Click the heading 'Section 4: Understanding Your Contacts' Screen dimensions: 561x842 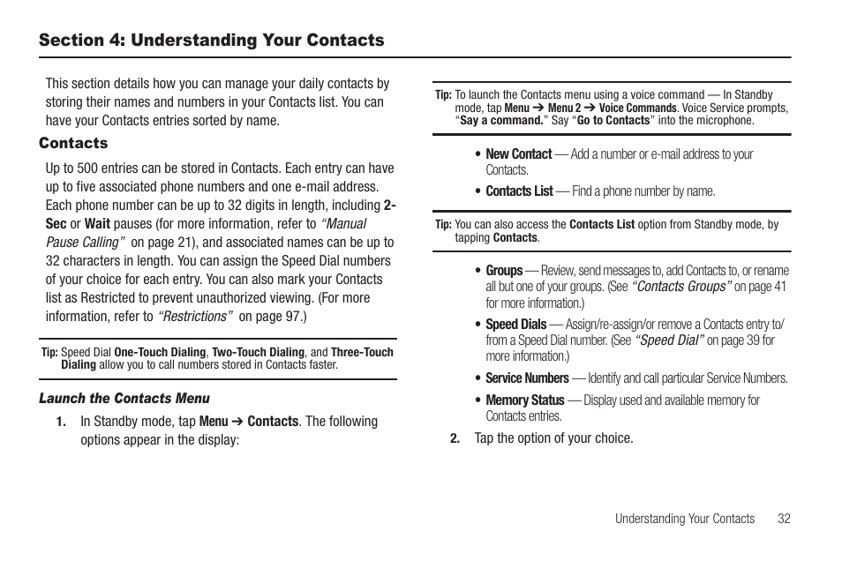[211, 41]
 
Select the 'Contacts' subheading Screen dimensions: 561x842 [73, 143]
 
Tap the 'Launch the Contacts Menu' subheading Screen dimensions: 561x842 [124, 399]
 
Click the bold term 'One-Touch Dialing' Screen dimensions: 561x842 [161, 352]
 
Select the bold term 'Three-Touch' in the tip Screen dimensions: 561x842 [362, 352]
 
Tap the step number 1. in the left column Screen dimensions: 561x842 [62, 422]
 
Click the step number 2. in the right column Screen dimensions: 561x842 [455, 438]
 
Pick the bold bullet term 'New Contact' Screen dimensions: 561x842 [518, 153]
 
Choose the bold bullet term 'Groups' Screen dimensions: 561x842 [504, 271]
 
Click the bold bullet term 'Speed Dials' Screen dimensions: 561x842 [515, 325]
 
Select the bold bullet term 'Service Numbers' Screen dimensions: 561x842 [527, 378]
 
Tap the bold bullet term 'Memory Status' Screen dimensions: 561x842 [524, 400]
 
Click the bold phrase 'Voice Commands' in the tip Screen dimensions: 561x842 [637, 108]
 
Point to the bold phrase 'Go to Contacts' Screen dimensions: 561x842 [613, 120]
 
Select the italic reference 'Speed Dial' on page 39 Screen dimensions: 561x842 [669, 340]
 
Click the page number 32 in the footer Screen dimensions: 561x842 [784, 519]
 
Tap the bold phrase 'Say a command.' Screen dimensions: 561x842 [500, 120]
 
